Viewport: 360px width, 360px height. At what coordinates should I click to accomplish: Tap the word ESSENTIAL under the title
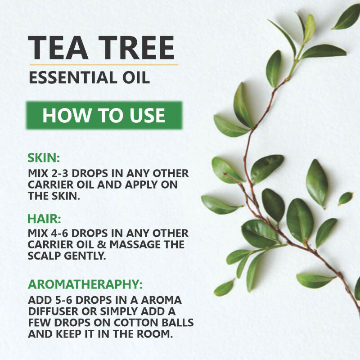pyautogui.click(x=72, y=77)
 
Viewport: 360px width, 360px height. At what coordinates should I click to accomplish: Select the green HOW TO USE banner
pyautogui.click(x=103, y=115)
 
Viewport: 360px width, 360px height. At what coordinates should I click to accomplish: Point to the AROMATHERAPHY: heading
pyautogui.click(x=85, y=284)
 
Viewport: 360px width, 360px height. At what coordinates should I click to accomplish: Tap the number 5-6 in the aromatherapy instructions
pyautogui.click(x=67, y=300)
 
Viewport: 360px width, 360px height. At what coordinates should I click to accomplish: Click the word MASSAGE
pyautogui.click(x=146, y=245)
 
